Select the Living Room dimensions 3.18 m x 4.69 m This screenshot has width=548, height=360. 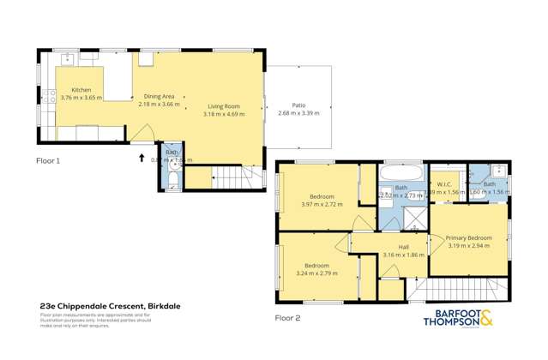221,114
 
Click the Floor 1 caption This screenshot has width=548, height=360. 47,160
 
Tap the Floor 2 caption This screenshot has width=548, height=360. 287,317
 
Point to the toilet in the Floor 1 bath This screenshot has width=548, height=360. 172,179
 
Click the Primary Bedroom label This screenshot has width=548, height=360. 468,237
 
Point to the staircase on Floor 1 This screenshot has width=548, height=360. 234,178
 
